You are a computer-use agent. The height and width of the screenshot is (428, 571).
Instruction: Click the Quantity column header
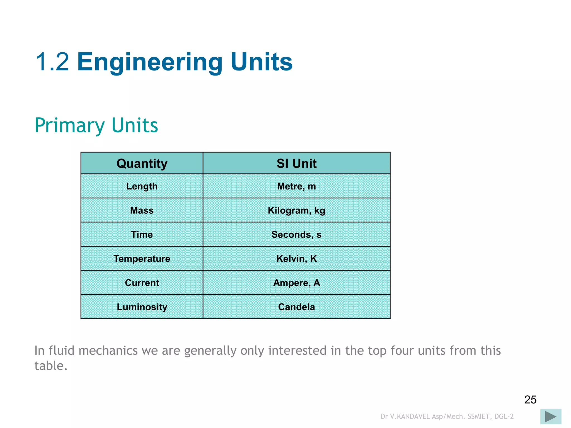142,163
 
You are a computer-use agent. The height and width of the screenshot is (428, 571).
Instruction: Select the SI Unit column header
296,163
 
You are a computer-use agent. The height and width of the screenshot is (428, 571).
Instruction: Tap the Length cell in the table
142,186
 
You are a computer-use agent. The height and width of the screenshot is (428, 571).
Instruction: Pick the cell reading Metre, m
296,186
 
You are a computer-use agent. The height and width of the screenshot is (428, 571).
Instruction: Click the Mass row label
142,210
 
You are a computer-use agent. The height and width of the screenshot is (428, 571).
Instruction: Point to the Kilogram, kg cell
296,210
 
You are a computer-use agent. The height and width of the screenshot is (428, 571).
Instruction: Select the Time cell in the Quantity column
142,234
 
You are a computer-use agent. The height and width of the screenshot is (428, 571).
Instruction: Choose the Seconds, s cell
296,234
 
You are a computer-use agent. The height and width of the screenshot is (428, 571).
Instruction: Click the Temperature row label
142,259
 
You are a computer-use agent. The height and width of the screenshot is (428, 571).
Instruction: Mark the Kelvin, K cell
296,259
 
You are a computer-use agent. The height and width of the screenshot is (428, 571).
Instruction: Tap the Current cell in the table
142,283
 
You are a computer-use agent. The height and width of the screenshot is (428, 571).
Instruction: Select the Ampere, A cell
296,283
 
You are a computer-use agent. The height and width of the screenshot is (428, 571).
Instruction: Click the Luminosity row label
142,307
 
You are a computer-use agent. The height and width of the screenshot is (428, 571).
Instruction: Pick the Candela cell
296,307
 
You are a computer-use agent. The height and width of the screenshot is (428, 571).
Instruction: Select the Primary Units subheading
96,125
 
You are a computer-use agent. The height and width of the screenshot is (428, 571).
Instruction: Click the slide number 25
530,400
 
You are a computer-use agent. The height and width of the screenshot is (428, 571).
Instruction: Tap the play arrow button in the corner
551,417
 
